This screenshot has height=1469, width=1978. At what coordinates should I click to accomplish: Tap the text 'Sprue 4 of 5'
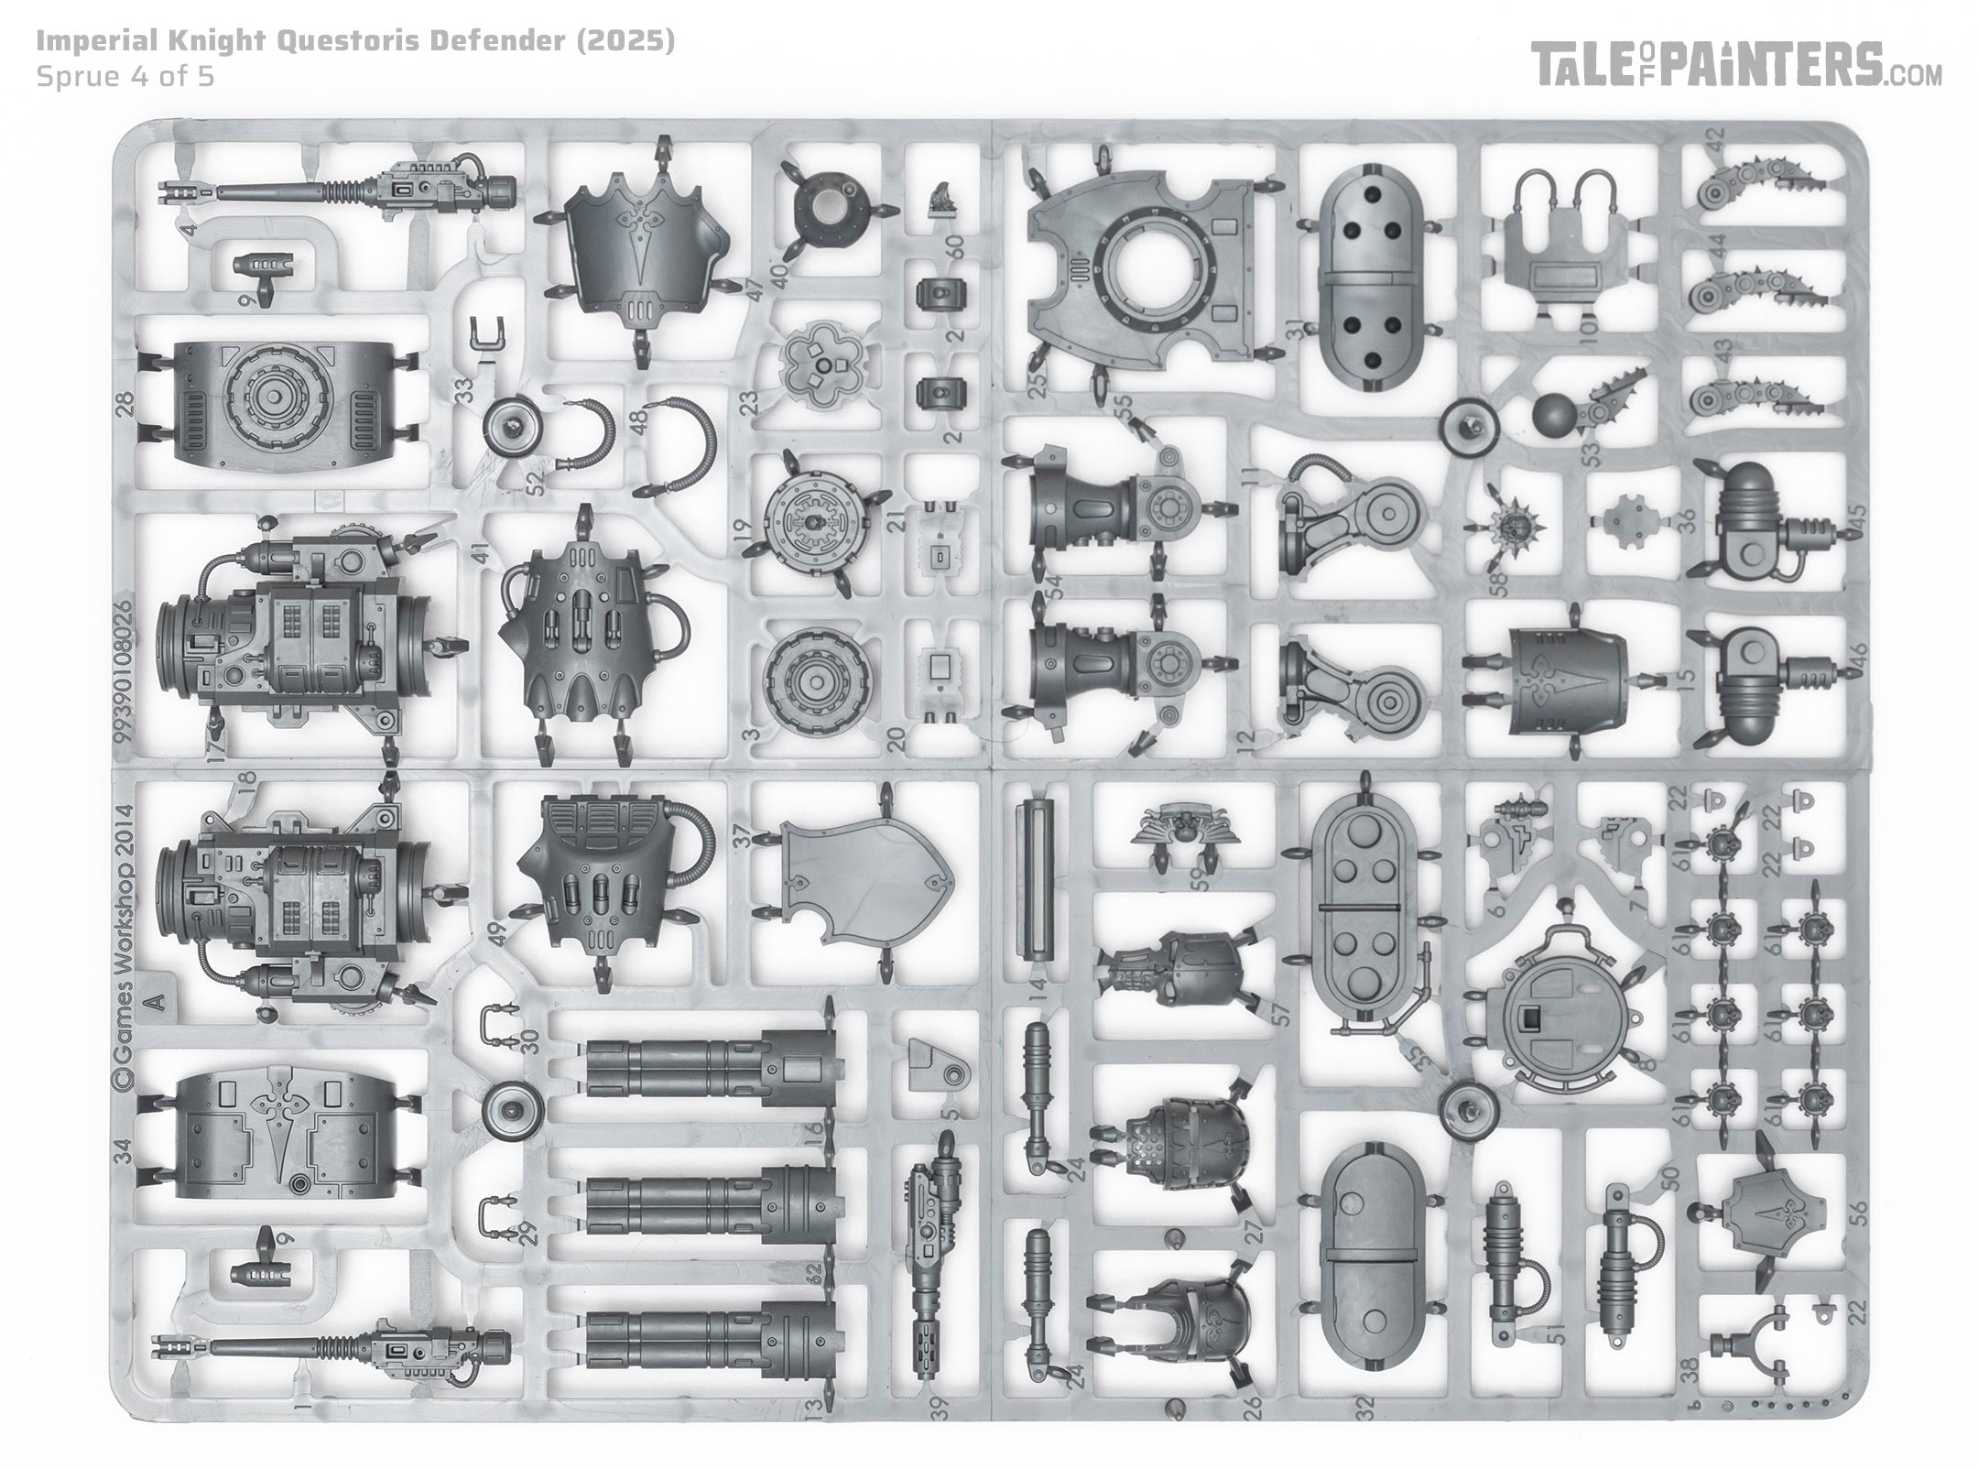tap(125, 76)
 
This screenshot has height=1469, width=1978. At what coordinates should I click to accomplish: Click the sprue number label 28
tap(125, 400)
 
